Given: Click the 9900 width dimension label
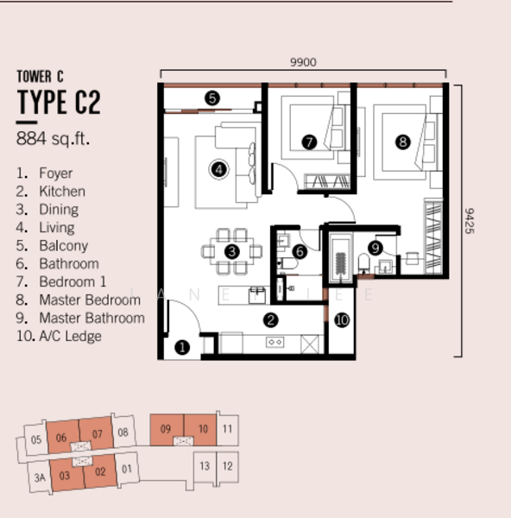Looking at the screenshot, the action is (303, 62).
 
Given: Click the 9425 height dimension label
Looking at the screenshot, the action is (470, 221).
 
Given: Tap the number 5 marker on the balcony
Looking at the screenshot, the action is (212, 98).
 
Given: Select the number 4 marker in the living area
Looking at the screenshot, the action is (218, 169).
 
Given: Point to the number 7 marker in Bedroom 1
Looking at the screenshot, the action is (309, 142).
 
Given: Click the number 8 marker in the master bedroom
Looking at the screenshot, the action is (403, 142).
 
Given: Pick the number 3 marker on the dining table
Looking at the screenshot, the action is (232, 252).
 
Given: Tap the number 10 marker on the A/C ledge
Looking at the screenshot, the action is (342, 319).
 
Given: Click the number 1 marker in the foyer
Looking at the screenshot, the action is (182, 347).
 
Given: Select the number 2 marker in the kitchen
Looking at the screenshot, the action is (271, 319).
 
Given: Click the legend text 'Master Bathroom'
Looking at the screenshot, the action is (91, 318).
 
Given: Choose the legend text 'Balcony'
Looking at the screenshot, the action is (63, 246).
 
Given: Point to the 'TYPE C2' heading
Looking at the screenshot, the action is (59, 102).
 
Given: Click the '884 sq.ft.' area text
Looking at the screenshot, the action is (53, 138).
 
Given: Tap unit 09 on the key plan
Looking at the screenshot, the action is (167, 429).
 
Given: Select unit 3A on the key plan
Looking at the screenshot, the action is (40, 477).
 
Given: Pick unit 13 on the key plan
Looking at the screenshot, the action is (205, 466).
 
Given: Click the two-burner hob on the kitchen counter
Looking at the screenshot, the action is (274, 342).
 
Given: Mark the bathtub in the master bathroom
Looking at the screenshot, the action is (341, 258).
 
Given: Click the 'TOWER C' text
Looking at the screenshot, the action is (40, 76).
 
